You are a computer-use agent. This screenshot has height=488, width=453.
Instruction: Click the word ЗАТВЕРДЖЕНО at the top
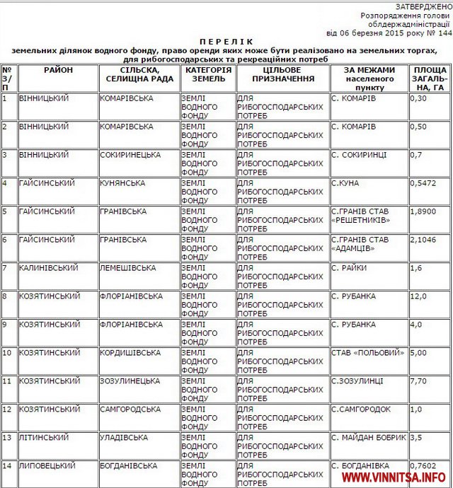(424, 6)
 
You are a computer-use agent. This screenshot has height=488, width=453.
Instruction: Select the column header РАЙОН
(58, 71)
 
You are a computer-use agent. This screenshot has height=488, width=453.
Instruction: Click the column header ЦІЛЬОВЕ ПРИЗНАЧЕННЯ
(282, 75)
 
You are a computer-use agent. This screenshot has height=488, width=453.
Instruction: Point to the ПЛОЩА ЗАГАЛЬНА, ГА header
(430, 79)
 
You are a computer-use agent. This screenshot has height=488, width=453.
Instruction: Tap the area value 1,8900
(423, 211)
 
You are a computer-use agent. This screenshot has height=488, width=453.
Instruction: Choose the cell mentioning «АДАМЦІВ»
(360, 244)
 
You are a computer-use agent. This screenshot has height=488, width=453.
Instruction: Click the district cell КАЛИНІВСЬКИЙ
(48, 267)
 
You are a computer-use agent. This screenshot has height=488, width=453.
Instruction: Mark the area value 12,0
(418, 296)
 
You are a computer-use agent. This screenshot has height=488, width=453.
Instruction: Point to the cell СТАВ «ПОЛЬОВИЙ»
(368, 352)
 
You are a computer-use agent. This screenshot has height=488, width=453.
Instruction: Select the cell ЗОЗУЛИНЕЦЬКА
(130, 380)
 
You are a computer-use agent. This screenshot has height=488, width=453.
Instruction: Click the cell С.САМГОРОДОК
(361, 409)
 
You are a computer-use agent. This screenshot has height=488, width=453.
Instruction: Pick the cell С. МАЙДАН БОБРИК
(369, 437)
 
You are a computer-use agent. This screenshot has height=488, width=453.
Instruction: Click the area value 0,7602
(423, 465)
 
